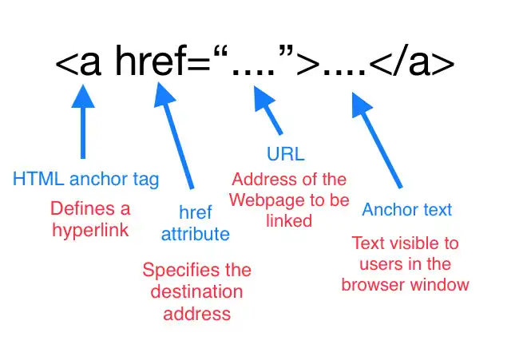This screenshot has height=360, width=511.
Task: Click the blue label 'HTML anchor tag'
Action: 85,179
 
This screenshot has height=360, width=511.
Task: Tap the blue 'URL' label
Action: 284,153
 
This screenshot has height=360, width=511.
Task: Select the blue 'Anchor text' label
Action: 406,210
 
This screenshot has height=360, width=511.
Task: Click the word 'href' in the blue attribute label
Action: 195,213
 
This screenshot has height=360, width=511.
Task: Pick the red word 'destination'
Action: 197,291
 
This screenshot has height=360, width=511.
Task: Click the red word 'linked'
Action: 289,220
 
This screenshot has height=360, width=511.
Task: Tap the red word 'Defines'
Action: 79,209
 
